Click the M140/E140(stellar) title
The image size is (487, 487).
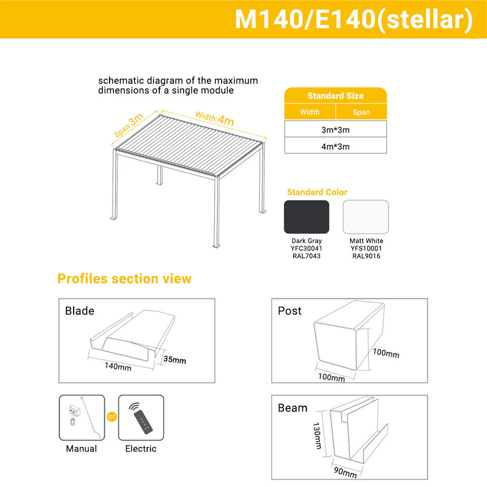tap(354, 20)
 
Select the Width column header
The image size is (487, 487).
tap(309, 112)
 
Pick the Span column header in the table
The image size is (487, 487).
tap(361, 112)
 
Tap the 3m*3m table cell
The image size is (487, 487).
tap(335, 129)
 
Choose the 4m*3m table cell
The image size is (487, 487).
tap(335, 146)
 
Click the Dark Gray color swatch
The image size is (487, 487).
tap(306, 217)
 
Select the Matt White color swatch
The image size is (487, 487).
tap(366, 217)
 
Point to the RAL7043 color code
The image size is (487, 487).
tap(306, 256)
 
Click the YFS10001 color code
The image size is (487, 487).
tap(366, 248)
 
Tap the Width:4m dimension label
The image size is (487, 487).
tap(215, 119)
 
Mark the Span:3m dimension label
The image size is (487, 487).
tap(128, 125)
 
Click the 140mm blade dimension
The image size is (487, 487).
tap(118, 366)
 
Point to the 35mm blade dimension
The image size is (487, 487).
tap(175, 359)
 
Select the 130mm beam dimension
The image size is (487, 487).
tap(317, 435)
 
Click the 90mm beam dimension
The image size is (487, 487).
tap(345, 472)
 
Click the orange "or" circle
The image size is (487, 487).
tap(112, 416)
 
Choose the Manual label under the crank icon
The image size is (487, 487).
tap(81, 448)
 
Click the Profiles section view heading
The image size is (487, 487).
tap(124, 279)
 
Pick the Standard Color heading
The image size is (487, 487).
tap(317, 192)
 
